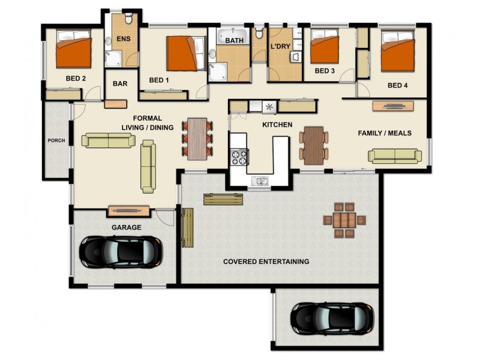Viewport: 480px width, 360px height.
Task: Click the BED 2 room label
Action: (76, 79)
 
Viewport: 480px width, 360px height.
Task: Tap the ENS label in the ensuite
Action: (124, 39)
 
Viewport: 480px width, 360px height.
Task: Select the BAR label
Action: (120, 83)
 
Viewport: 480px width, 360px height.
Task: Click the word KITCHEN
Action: (277, 125)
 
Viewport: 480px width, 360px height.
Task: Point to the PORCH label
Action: (56, 140)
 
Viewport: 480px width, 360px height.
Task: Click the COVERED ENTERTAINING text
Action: (266, 262)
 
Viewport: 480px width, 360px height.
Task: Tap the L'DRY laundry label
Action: (280, 47)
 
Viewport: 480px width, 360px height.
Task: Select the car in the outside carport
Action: (332, 319)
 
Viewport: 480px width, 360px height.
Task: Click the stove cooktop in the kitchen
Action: (239, 157)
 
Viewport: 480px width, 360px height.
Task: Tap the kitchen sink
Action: (260, 181)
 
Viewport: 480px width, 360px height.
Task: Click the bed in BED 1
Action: (186, 53)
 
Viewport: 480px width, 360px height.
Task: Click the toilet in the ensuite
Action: (128, 19)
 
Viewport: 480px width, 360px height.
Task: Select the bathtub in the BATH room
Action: (233, 37)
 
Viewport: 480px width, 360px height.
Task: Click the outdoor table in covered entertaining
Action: (344, 220)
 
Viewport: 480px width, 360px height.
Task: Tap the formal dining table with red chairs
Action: (197, 139)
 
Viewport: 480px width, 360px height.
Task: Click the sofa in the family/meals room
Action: (395, 156)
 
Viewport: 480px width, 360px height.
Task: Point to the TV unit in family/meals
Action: (393, 106)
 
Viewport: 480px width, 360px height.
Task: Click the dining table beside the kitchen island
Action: (314, 145)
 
